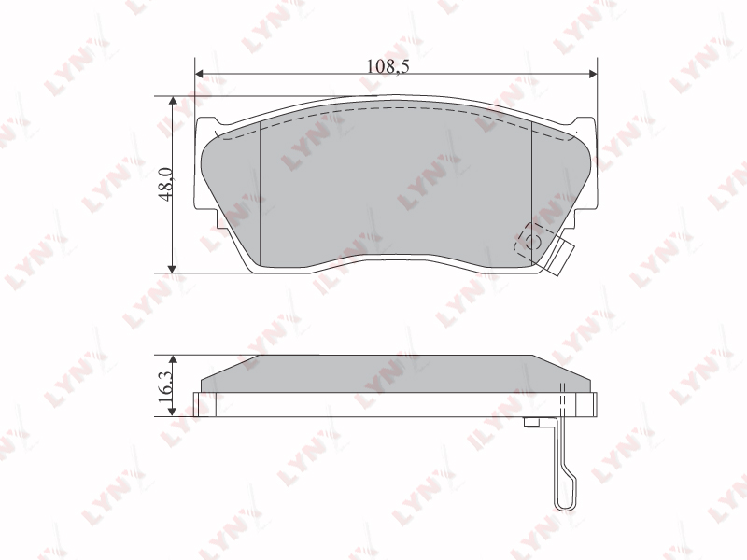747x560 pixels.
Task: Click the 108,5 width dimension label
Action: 388,65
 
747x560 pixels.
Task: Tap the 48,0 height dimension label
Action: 167,184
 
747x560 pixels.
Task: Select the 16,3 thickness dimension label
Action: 167,386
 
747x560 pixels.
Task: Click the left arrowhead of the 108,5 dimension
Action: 200,74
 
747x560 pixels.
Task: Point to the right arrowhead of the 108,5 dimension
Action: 592,74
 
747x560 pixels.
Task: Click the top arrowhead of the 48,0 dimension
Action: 173,101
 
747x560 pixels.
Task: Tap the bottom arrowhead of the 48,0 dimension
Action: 173,268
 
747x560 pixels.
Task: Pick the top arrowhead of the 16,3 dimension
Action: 173,360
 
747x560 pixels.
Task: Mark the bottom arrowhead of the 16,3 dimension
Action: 173,412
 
